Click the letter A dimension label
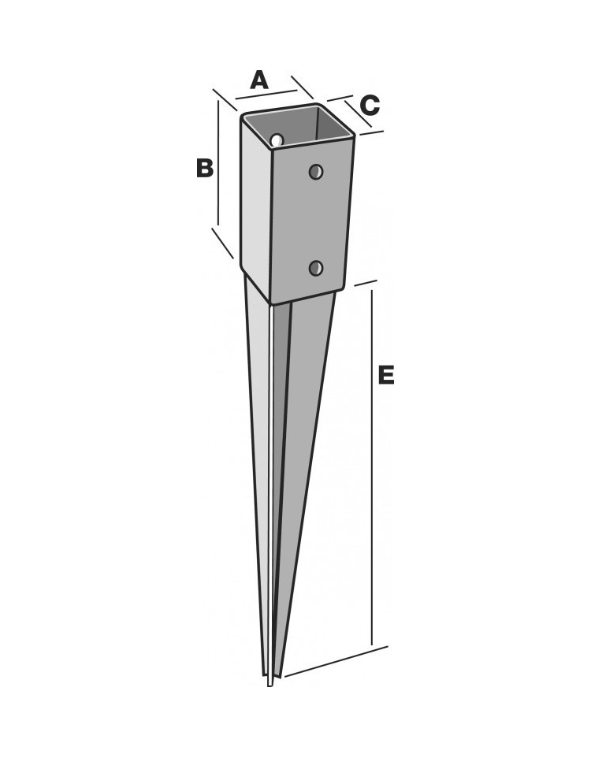tap(259, 80)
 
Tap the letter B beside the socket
tap(205, 169)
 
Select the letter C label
tap(370, 106)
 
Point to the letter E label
tap(386, 375)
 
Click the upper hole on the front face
tap(316, 171)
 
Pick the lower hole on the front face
tap(316, 267)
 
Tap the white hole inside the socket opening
tap(277, 140)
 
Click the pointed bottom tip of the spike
tap(269, 685)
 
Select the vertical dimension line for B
tap(218, 163)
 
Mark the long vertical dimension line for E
tap(372, 467)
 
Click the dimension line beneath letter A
tap(266, 95)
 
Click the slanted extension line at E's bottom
tap(336, 661)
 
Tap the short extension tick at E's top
tap(366, 283)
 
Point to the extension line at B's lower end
tap(223, 243)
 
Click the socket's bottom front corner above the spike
tap(273, 303)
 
